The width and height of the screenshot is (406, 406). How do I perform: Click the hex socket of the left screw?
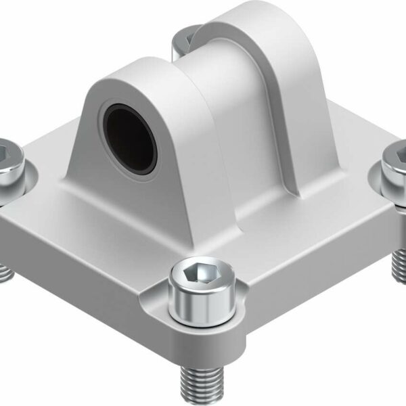point(3,150)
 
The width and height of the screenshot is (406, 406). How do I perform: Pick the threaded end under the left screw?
point(5,271)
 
